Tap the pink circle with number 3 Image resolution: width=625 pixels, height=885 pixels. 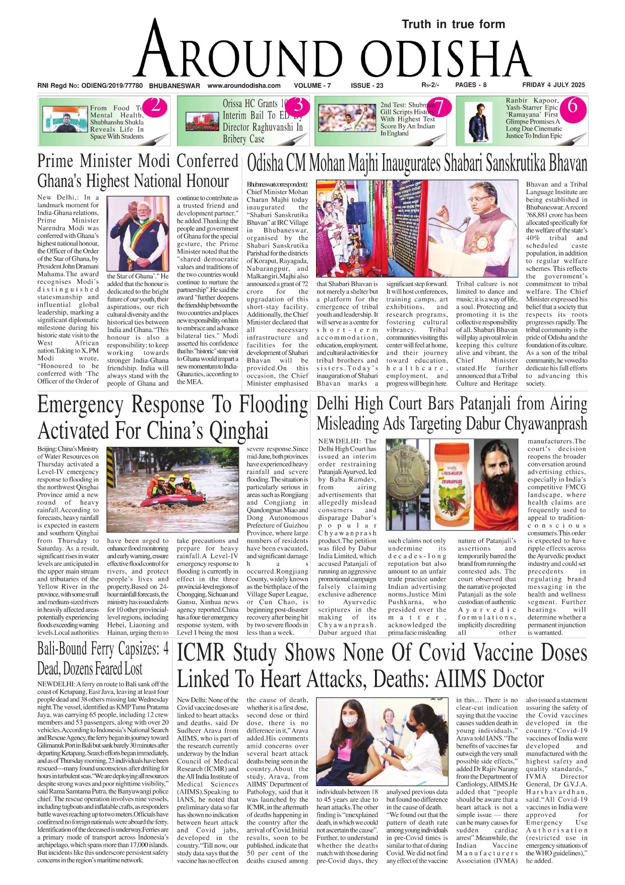click(x=298, y=106)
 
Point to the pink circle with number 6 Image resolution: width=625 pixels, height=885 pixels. click(x=572, y=106)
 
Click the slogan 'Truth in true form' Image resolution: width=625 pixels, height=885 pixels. click(x=453, y=24)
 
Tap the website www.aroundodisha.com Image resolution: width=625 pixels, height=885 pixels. click(x=244, y=86)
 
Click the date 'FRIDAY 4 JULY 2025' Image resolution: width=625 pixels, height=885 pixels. click(x=553, y=85)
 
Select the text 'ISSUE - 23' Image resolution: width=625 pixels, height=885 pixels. click(x=367, y=86)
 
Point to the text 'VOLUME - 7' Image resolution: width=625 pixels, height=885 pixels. click(x=312, y=86)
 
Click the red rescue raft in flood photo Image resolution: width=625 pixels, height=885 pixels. click(x=171, y=499)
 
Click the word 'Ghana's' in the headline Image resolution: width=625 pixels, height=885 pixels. click(x=59, y=182)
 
